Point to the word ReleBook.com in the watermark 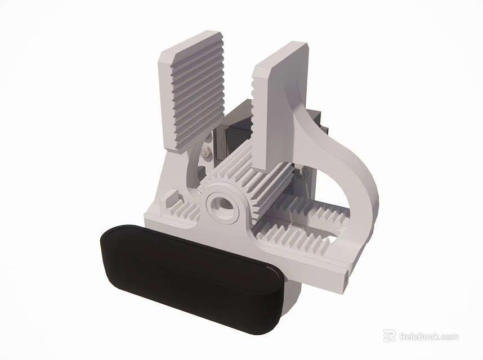coord(428,337)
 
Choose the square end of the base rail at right coord(345,278)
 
